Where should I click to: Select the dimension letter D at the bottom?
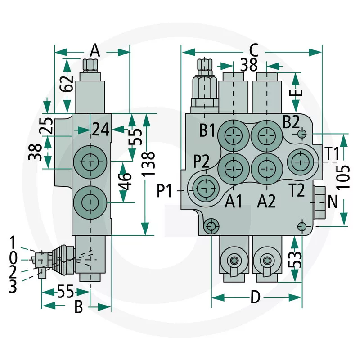point(255,297)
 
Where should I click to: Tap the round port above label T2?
point(298,160)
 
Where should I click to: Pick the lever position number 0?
point(13,257)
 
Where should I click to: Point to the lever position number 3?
point(13,286)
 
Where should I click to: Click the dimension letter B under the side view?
point(78,307)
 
